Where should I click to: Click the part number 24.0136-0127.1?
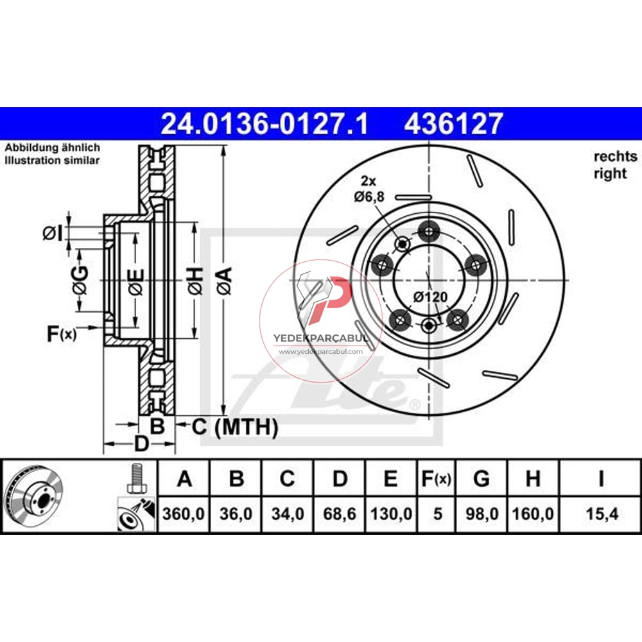tap(264, 123)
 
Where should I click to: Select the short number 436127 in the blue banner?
tap(453, 123)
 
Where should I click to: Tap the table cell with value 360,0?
tap(184, 514)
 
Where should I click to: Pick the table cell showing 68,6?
tap(340, 514)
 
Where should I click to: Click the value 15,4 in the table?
tap(602, 514)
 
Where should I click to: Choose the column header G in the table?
tap(481, 478)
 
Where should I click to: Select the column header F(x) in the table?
tap(437, 478)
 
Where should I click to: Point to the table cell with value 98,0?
tap(481, 514)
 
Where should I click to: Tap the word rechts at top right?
tap(615, 156)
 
